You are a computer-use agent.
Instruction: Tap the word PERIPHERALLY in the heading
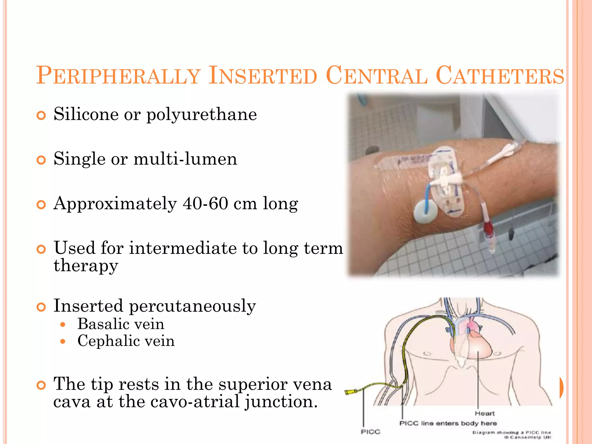point(119,76)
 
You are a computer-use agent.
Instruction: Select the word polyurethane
point(201,115)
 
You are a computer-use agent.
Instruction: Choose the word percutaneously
point(192,306)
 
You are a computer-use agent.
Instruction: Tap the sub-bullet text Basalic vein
point(121,324)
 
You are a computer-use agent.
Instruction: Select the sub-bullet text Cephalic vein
point(126,341)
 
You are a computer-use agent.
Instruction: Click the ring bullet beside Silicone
point(41,116)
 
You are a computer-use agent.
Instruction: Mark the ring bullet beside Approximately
point(41,205)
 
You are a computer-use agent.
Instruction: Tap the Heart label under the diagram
point(484,414)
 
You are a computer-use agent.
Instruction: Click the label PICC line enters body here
point(448,423)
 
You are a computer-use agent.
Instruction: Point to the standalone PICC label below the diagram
point(370,432)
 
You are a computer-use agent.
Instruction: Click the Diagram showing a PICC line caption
point(511,433)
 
